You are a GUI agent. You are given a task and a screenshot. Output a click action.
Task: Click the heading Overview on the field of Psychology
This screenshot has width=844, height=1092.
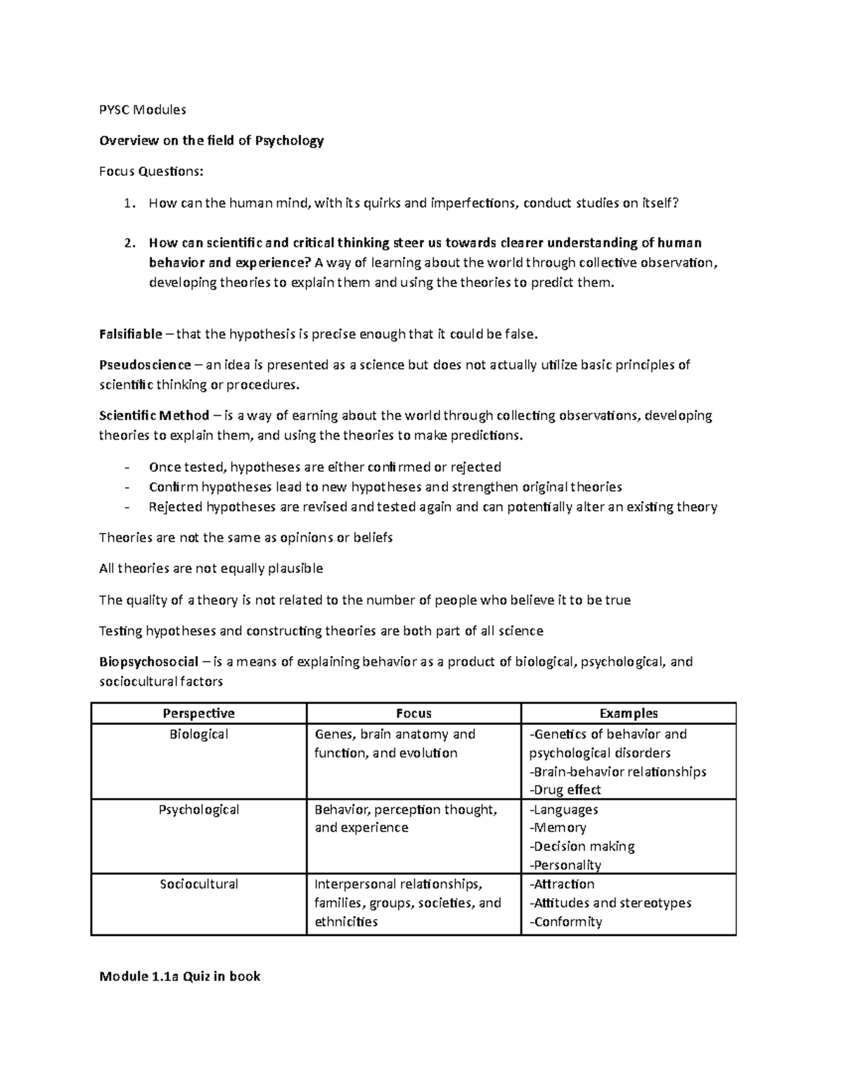pyautogui.click(x=211, y=141)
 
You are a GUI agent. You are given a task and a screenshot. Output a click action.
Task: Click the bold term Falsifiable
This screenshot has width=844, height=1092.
pyautogui.click(x=131, y=334)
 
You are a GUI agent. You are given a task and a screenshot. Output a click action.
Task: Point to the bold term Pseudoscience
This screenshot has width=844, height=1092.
pyautogui.click(x=145, y=365)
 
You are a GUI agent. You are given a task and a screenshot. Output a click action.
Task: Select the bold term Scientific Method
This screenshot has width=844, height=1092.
pyautogui.click(x=154, y=416)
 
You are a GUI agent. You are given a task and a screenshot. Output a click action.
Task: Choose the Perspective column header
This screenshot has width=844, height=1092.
pyautogui.click(x=198, y=714)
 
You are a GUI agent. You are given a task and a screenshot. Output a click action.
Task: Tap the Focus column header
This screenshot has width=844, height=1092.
pyautogui.click(x=414, y=714)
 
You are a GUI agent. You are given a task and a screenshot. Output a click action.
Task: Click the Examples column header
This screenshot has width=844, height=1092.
pyautogui.click(x=628, y=714)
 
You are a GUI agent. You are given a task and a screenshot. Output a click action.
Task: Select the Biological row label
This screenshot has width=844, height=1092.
pyautogui.click(x=198, y=735)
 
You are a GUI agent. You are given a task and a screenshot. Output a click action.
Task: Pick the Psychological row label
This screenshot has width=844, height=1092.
pyautogui.click(x=198, y=810)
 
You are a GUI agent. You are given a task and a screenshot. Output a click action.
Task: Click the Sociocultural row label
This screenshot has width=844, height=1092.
pyautogui.click(x=198, y=885)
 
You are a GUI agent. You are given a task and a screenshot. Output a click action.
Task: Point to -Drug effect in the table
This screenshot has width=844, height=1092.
pyautogui.click(x=565, y=790)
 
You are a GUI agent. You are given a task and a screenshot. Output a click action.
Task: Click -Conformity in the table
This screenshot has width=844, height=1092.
pyautogui.click(x=565, y=922)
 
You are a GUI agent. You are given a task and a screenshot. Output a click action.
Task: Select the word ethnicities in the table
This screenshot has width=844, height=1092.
pyautogui.click(x=346, y=922)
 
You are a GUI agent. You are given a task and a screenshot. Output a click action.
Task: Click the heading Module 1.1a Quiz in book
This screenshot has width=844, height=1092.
pyautogui.click(x=180, y=976)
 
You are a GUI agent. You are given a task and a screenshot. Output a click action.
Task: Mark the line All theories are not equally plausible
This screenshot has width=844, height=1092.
pyautogui.click(x=211, y=569)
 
